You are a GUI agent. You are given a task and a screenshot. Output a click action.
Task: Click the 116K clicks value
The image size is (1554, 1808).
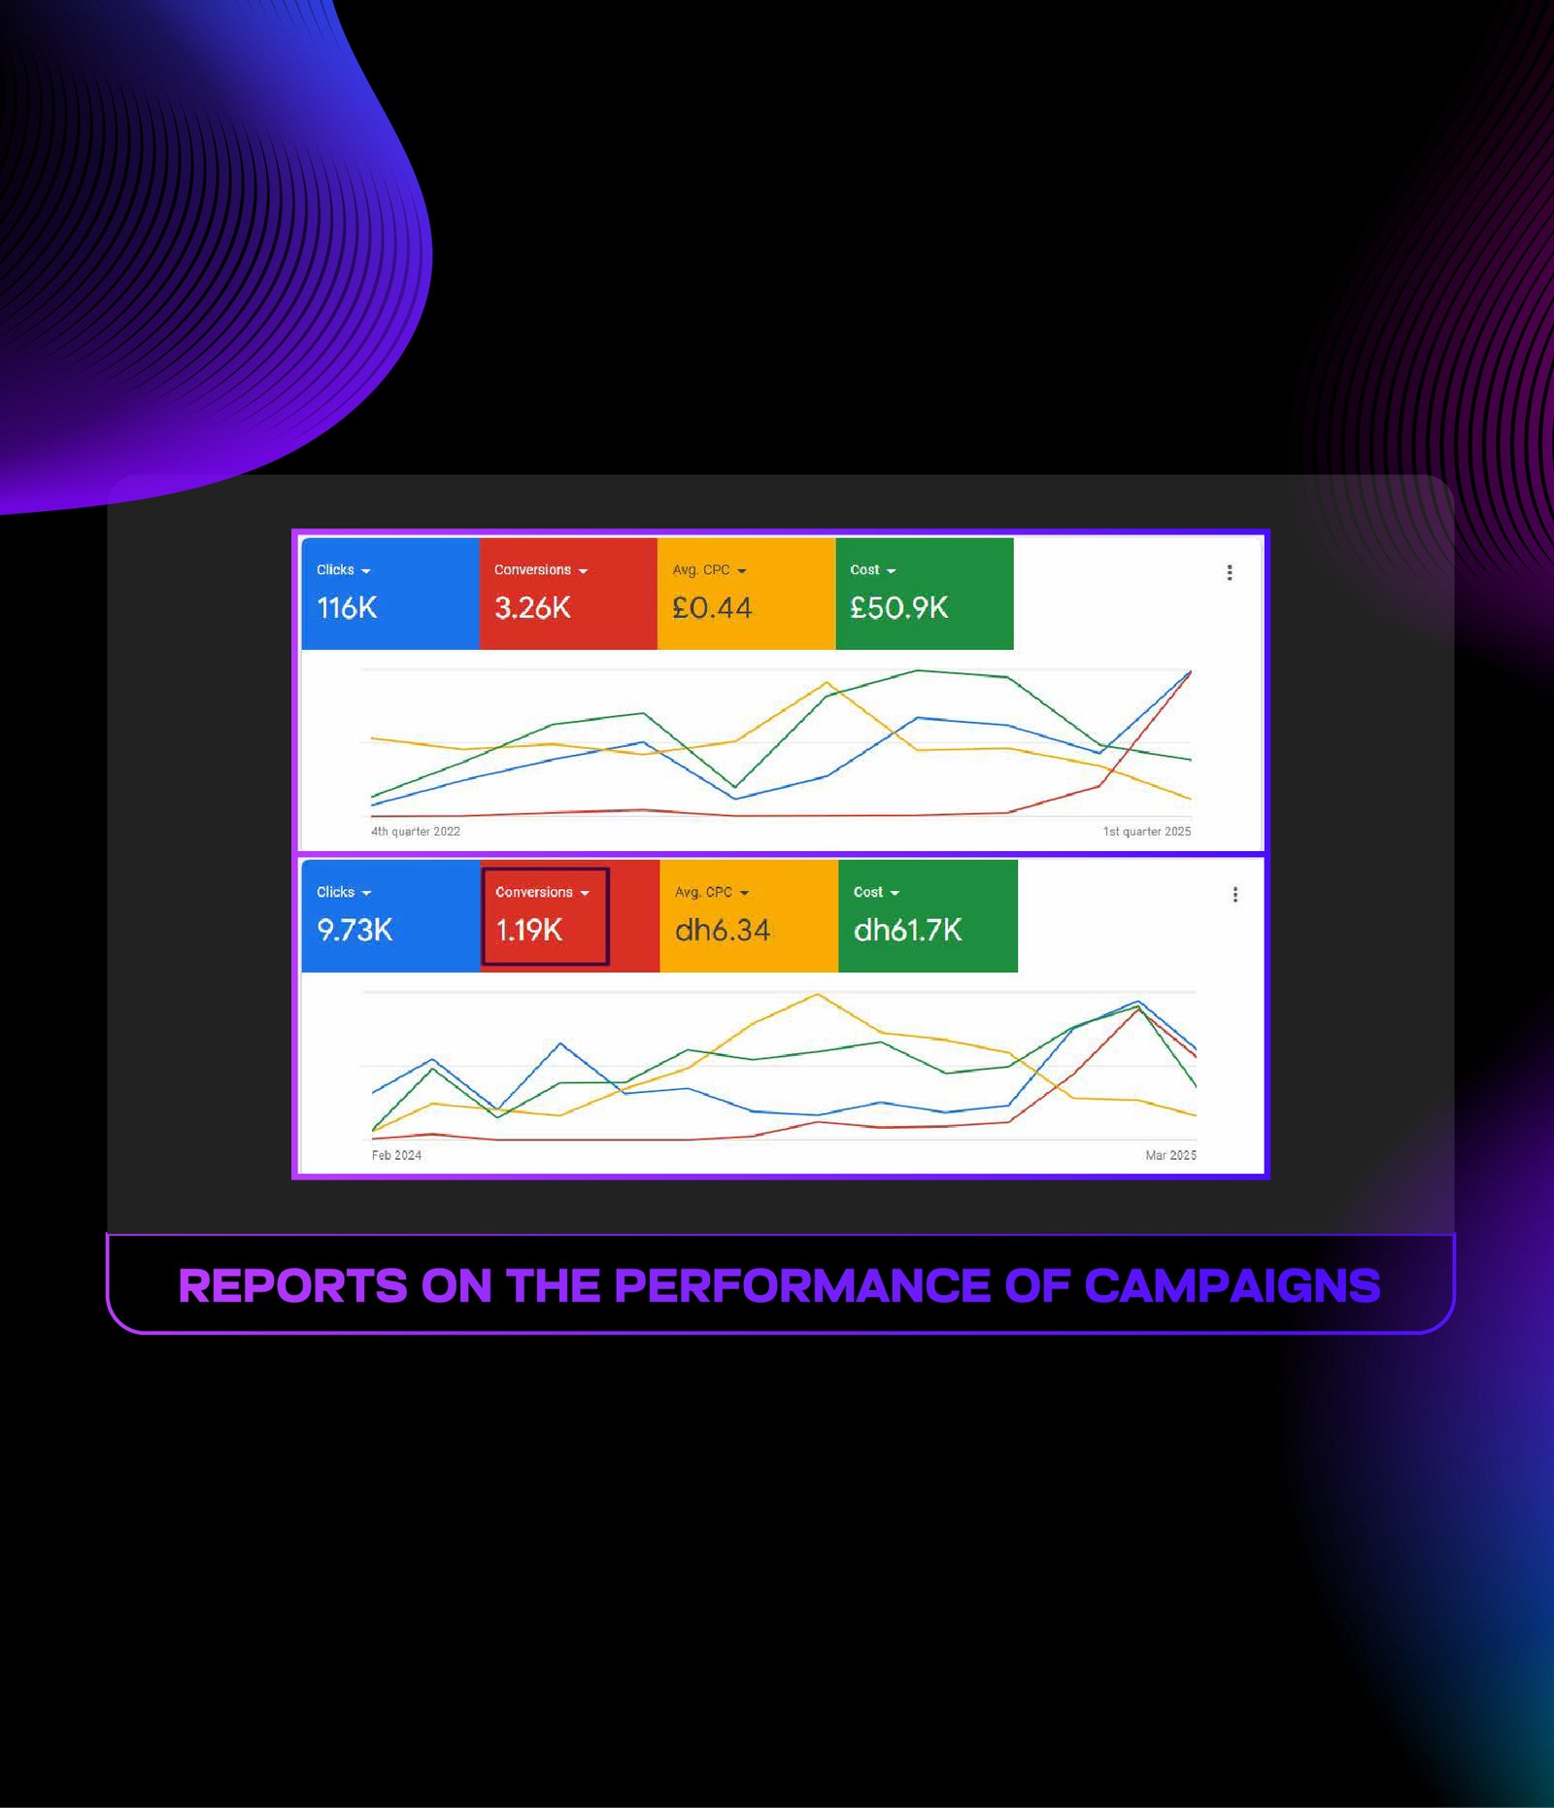click(x=347, y=608)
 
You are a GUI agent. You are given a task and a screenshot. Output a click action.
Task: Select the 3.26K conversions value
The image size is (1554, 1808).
click(x=532, y=608)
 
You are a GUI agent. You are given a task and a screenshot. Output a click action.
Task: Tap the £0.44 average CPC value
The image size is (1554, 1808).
click(x=712, y=608)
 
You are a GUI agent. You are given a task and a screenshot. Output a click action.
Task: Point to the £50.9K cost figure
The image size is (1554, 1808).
click(x=898, y=608)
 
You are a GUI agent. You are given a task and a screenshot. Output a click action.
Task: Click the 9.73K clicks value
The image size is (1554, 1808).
click(x=355, y=931)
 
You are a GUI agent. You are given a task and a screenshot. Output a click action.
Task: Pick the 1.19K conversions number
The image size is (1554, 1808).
click(x=529, y=931)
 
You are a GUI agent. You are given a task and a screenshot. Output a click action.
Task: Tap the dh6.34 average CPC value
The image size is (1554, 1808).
click(x=723, y=931)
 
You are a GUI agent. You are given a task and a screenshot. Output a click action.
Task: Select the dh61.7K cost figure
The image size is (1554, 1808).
click(x=908, y=931)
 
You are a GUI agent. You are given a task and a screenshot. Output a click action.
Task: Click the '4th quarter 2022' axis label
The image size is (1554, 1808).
click(x=416, y=832)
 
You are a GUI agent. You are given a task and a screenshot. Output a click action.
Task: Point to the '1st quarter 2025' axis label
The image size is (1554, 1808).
click(x=1147, y=832)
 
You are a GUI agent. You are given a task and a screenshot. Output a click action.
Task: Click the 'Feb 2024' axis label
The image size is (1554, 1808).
click(x=396, y=1155)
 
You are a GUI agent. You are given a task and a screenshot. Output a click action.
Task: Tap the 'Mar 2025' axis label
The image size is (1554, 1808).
click(x=1171, y=1155)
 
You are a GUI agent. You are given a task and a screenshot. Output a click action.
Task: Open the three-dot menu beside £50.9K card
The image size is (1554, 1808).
click(x=1230, y=572)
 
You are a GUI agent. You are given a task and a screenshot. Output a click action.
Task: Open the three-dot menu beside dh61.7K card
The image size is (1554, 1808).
click(x=1235, y=894)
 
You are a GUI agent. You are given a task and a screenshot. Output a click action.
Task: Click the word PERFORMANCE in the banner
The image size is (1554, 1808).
click(x=803, y=1286)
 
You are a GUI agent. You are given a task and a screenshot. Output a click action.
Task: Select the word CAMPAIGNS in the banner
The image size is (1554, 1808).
click(x=1233, y=1286)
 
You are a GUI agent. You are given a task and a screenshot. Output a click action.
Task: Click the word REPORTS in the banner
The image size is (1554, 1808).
click(x=293, y=1286)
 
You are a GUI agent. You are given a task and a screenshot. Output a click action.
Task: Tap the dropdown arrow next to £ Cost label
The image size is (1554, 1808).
click(x=891, y=571)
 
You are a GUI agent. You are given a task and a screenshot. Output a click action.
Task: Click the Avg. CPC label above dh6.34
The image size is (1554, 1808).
click(x=703, y=892)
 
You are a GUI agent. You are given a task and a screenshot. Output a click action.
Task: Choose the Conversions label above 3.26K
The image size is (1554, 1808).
click(x=532, y=569)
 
